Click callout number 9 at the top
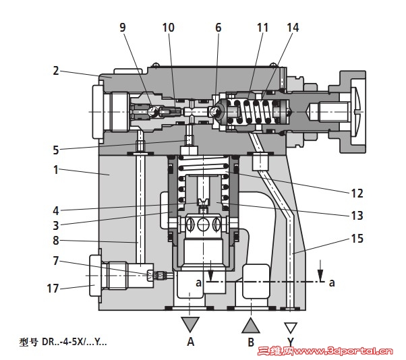click(123, 27)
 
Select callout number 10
click(169, 27)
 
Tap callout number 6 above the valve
click(219, 27)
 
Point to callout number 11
click(262, 27)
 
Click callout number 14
click(293, 27)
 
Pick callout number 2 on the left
click(56, 71)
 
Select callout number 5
click(56, 150)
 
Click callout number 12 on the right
click(357, 193)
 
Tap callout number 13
click(357, 215)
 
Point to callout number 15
click(357, 239)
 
